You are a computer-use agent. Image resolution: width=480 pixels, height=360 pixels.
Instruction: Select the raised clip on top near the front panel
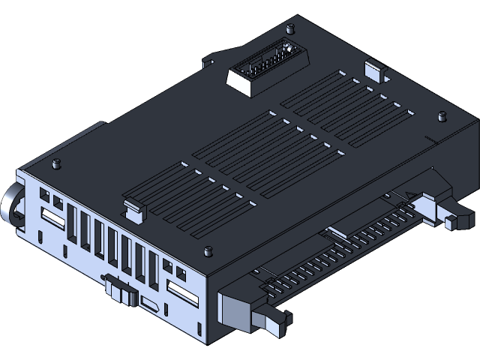pyautogui.click(x=133, y=209)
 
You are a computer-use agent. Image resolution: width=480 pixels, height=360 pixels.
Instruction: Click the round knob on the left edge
pyautogui.click(x=13, y=203)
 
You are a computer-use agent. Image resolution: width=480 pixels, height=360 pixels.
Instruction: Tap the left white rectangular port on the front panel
pyautogui.click(x=52, y=220)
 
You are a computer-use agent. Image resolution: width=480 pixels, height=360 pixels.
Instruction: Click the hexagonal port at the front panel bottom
pyautogui.click(x=149, y=304)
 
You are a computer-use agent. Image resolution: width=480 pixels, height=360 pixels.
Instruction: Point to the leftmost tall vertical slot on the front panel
pyautogui.click(x=71, y=223)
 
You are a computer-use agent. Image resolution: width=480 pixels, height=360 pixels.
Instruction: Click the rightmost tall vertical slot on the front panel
pyautogui.click(x=153, y=272)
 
